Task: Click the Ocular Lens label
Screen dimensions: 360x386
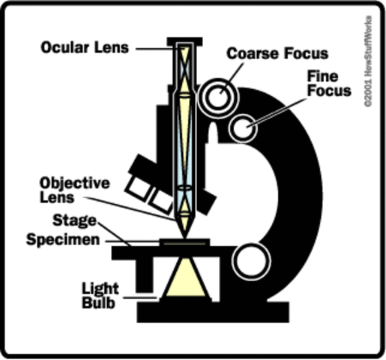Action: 85,47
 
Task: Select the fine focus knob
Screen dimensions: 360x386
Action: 242,129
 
